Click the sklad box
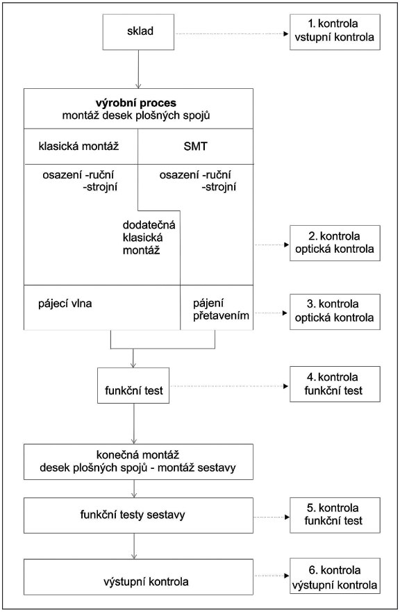[x=138, y=32]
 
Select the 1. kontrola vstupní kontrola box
[x=335, y=32]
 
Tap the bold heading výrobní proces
[x=136, y=103]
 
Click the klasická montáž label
[x=78, y=147]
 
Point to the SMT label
[x=196, y=147]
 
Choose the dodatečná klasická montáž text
[x=149, y=238]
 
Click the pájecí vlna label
[x=65, y=304]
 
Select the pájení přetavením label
[x=221, y=310]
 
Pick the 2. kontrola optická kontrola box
[x=335, y=242]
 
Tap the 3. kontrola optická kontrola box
[x=335, y=311]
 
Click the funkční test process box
[x=133, y=386]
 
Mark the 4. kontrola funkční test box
[x=335, y=384]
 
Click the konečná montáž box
[x=138, y=462]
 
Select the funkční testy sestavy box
[x=138, y=515]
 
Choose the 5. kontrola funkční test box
[x=335, y=515]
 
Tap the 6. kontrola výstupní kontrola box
[x=335, y=576]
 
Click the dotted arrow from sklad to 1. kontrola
[x=232, y=34]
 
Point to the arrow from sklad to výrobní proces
[x=138, y=69]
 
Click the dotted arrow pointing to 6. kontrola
[x=272, y=576]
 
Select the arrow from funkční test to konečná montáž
[x=133, y=424]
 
